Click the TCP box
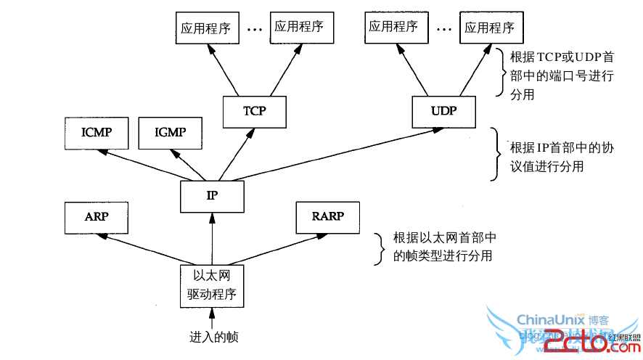coord(254,111)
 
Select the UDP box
coord(443,111)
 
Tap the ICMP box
coord(95,132)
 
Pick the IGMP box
coord(170,132)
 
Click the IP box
coord(211,196)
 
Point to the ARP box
coord(96,216)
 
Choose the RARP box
coord(327,216)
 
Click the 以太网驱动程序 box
coord(211,286)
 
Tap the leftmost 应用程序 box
coord(206,28)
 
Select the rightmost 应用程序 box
coord(489,28)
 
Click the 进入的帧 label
coord(213,337)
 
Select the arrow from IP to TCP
coord(231,154)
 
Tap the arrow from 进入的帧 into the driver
coord(212,318)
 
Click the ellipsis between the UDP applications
coord(443,30)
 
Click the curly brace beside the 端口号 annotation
coord(499,73)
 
